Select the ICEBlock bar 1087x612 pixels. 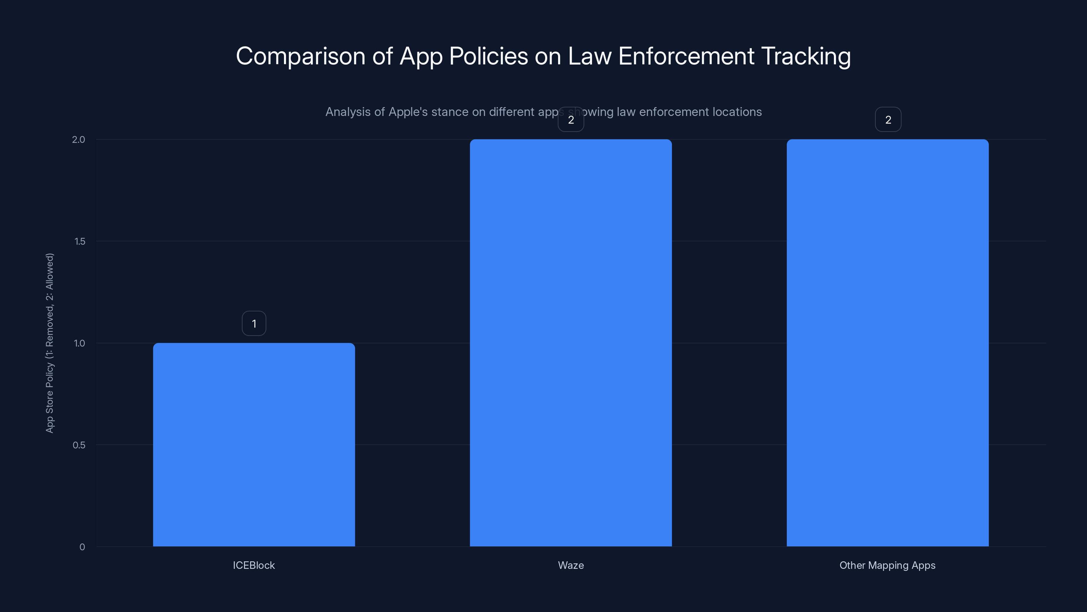254,444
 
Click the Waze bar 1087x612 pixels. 571,342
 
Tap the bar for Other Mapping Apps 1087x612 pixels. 887,342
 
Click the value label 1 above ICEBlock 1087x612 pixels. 254,324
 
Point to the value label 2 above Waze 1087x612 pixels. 571,120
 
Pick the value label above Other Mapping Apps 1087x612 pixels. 888,120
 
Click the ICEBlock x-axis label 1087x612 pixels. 254,565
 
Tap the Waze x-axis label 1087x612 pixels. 571,565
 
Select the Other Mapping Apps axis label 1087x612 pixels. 887,565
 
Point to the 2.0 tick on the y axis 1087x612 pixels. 78,140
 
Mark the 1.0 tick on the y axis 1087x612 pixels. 79,343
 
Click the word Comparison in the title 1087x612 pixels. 300,56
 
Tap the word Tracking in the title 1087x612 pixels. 806,56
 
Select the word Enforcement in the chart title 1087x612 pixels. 686,56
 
